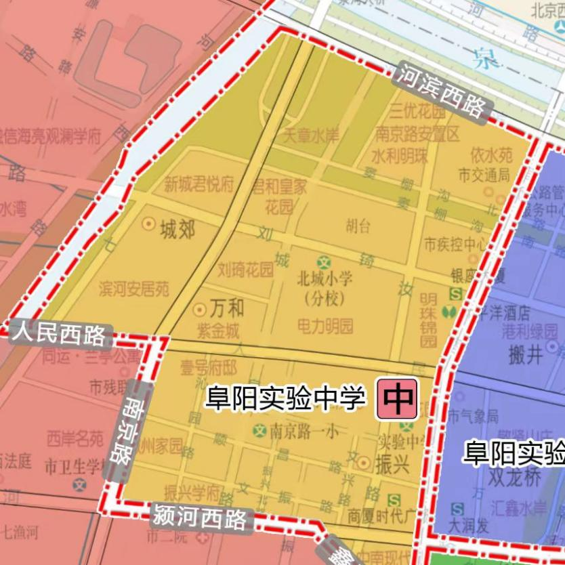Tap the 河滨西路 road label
point(442,93)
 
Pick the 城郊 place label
point(177,231)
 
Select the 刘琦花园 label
point(246,270)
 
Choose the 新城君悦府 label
point(198,184)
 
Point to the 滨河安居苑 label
point(134,290)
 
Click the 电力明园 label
point(325,327)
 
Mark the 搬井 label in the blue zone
point(524,354)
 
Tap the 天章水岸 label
point(311,136)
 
